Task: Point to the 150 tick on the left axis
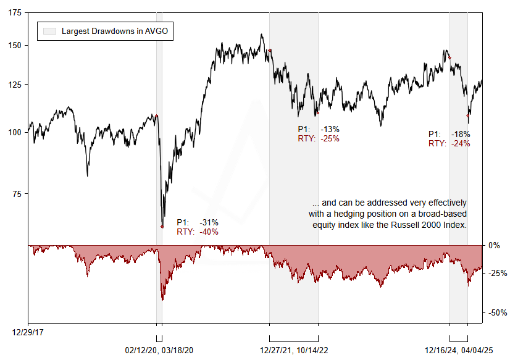coord(13,46)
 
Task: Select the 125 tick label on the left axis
coord(13,85)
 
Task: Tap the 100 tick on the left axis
coord(13,132)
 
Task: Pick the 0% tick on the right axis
coord(495,245)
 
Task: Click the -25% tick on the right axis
coord(497,273)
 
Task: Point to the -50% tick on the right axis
coord(497,313)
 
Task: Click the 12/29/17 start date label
coord(28,332)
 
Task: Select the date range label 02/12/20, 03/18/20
coord(160,350)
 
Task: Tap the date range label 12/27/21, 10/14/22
coord(293,350)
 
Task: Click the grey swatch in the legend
coord(49,31)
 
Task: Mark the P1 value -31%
coord(209,222)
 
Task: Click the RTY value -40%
coord(209,232)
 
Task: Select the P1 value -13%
coord(330,129)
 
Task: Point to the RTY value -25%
coord(330,138)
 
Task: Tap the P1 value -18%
coord(461,134)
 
